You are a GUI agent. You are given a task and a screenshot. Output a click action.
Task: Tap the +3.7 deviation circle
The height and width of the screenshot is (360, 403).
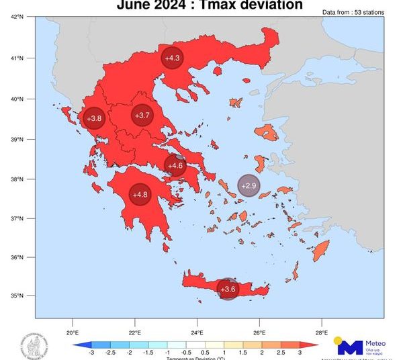(x=142, y=116)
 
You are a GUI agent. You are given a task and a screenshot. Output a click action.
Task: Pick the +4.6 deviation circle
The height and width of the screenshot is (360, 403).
(x=175, y=165)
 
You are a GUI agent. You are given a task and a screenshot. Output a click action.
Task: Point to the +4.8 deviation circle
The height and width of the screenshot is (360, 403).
(x=140, y=195)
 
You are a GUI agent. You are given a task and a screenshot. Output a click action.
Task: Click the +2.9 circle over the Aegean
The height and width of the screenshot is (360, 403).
(x=249, y=185)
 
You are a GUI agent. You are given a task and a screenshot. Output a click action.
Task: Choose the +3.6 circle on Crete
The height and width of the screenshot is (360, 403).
(x=228, y=289)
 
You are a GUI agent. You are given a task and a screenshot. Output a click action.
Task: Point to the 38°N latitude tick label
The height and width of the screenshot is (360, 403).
(x=19, y=179)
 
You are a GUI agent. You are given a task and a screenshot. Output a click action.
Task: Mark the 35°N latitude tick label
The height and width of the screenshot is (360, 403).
(x=19, y=296)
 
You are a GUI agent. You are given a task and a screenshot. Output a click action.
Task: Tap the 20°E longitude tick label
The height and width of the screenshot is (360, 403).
(x=73, y=332)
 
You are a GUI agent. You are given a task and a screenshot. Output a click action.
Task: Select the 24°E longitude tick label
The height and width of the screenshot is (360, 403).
(x=197, y=332)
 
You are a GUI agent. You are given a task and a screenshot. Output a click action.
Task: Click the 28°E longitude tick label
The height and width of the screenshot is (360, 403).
(x=321, y=332)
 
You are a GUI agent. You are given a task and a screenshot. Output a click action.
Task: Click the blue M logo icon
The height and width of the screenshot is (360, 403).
(x=350, y=347)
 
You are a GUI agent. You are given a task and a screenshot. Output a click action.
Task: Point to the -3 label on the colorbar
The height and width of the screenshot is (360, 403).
(x=91, y=351)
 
